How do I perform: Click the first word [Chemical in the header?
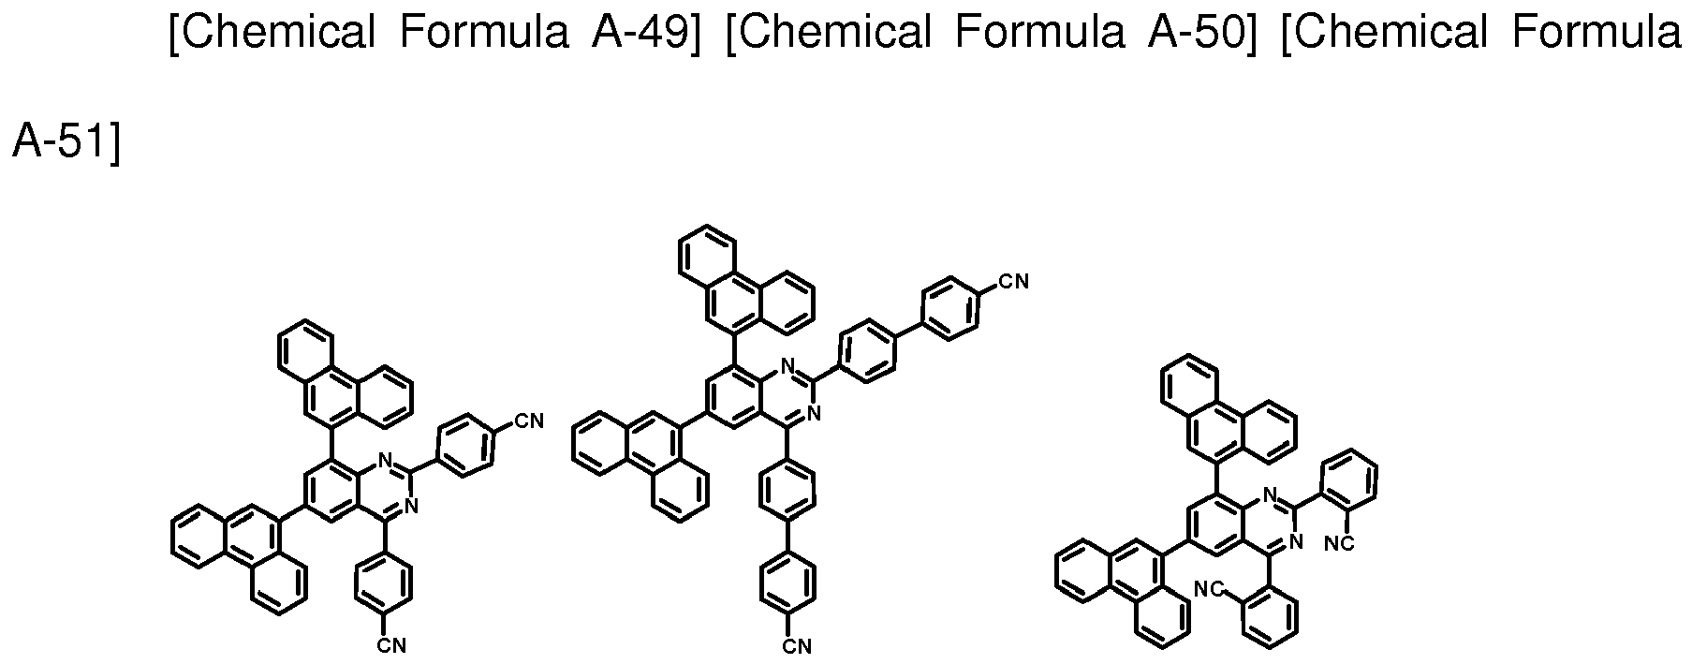point(272,34)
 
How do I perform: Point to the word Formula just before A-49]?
point(484,34)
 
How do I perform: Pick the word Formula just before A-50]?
point(1038,34)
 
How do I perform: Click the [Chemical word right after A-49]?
point(828,34)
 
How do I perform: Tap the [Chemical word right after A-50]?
point(1383,34)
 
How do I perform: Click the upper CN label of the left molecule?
point(530,421)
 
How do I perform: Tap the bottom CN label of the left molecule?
point(391,645)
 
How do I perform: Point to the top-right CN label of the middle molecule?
point(1014,280)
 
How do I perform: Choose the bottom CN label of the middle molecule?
point(797,645)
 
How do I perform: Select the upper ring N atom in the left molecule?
point(385,461)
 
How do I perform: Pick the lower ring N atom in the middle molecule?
point(814,412)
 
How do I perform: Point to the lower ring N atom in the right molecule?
point(1297,540)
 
